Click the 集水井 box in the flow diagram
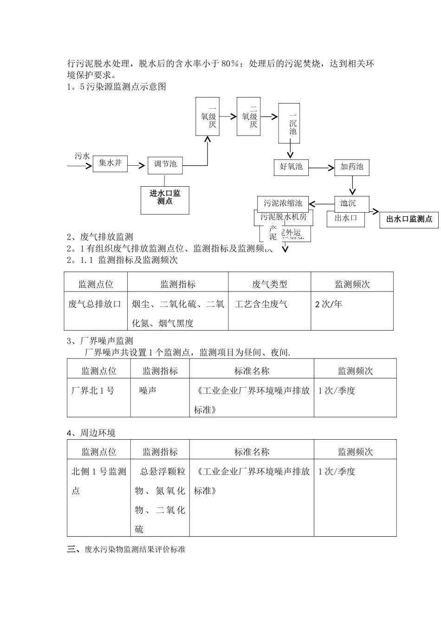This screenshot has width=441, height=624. pyautogui.click(x=110, y=163)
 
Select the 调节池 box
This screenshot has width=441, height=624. pyautogui.click(x=165, y=164)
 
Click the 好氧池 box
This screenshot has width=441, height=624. pyautogui.click(x=291, y=167)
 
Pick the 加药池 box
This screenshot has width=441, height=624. pyautogui.click(x=351, y=167)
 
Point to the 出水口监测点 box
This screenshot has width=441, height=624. pyautogui.click(x=409, y=219)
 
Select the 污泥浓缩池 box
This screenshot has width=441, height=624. pyautogui.click(x=283, y=203)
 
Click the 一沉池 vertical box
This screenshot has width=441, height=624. pyautogui.click(x=292, y=124)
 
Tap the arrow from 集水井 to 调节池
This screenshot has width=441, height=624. pyautogui.click(x=137, y=164)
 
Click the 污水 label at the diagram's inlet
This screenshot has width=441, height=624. pyautogui.click(x=82, y=156)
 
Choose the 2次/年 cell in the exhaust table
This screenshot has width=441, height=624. pyautogui.click(x=328, y=305)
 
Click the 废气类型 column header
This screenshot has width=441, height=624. pyautogui.click(x=269, y=284)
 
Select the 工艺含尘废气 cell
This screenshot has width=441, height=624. pyautogui.click(x=261, y=305)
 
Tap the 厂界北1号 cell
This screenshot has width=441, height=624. pyautogui.click(x=93, y=391)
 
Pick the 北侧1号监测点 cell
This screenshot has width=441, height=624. pyautogui.click(x=98, y=481)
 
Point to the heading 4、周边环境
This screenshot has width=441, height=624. pyautogui.click(x=91, y=433)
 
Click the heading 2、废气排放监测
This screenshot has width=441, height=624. pyautogui.click(x=100, y=237)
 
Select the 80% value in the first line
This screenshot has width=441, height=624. pyautogui.click(x=229, y=64)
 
